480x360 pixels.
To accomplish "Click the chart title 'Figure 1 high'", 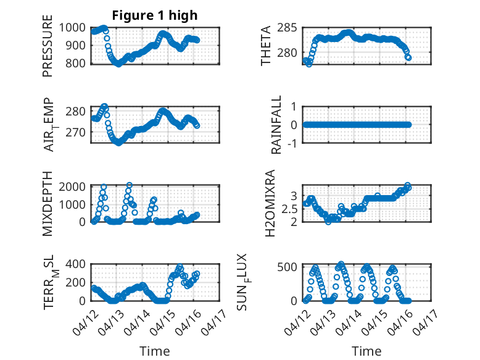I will (155, 15).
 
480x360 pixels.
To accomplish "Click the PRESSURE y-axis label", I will (48, 46).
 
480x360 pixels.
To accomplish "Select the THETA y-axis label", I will (266, 46).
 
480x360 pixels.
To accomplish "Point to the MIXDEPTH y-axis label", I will (48, 204).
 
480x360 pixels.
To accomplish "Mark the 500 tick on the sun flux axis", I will (291, 267).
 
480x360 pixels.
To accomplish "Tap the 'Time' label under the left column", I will (154, 351).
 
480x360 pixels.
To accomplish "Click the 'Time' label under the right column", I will (366, 351).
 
